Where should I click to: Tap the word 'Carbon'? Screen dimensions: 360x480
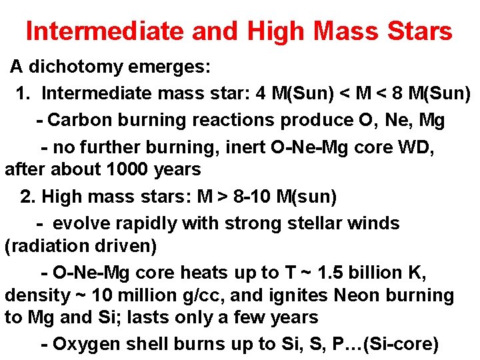point(78,121)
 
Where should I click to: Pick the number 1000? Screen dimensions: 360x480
point(131,170)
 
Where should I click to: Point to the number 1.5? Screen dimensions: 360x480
point(332,273)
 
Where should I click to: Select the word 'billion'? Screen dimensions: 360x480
point(378,273)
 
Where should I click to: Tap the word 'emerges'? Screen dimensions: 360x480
point(175,67)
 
